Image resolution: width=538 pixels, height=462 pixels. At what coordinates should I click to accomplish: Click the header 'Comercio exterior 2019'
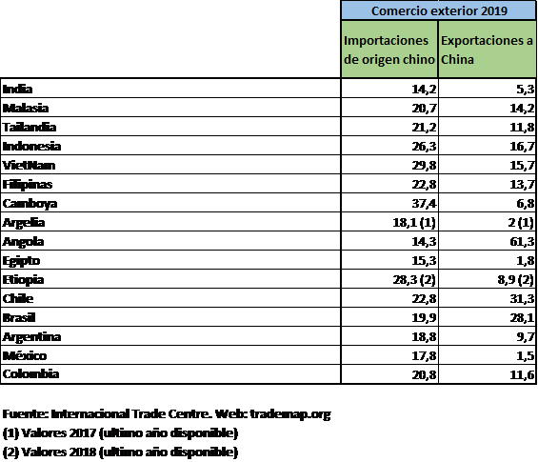[439, 10]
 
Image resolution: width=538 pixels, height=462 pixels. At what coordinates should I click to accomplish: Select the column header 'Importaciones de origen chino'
[389, 50]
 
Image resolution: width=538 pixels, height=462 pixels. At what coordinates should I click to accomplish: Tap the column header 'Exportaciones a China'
[487, 50]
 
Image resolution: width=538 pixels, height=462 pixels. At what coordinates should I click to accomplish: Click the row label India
[17, 89]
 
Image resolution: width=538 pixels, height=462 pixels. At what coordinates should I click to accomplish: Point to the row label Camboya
[30, 204]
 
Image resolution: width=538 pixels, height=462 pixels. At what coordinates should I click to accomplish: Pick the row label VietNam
[29, 165]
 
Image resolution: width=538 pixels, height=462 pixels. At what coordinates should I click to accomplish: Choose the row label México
[25, 355]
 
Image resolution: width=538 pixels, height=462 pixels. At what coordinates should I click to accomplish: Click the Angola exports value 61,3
[522, 242]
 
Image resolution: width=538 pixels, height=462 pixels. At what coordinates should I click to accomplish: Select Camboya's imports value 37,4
[424, 204]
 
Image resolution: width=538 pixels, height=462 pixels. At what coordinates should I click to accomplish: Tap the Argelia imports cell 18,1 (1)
[414, 223]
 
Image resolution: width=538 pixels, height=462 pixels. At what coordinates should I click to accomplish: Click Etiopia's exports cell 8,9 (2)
[516, 280]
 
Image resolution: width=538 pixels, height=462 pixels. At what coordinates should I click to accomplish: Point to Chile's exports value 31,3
[522, 298]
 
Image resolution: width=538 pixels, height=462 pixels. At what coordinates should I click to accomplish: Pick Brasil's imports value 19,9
[424, 318]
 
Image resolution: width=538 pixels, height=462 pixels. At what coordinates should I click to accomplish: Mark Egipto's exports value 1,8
[526, 261]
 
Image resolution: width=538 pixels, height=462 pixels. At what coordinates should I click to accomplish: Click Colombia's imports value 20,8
[424, 374]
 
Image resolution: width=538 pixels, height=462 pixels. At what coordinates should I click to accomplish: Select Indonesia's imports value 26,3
[424, 146]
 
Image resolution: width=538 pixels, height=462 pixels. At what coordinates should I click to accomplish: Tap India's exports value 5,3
[526, 90]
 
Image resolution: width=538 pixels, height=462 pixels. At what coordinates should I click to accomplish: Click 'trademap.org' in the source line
[290, 414]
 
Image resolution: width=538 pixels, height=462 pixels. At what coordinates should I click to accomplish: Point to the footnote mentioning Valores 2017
[120, 433]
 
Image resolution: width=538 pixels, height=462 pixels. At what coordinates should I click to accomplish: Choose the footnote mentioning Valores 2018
[120, 452]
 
